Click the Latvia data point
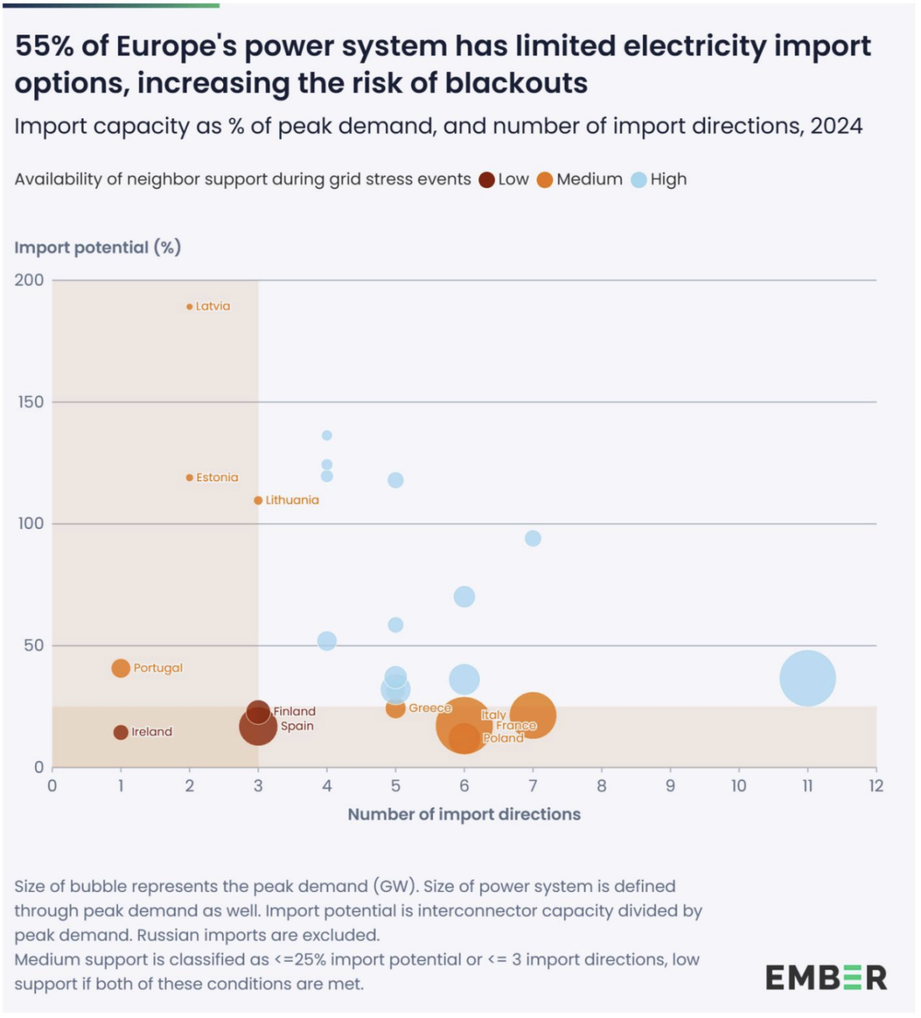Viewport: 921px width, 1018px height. [x=190, y=307]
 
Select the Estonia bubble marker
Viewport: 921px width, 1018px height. [x=190, y=478]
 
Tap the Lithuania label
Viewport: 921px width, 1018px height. [x=292, y=500]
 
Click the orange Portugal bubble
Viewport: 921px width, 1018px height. [x=120, y=668]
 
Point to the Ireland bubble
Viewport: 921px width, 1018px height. [x=120, y=732]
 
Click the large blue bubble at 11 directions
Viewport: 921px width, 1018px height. [x=807, y=678]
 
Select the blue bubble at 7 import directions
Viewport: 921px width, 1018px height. [x=533, y=538]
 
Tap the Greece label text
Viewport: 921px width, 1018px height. [x=430, y=708]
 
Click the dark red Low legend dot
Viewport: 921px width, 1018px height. [x=487, y=180]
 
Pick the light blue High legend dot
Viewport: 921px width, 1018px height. [x=639, y=180]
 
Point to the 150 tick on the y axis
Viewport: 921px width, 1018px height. [x=31, y=402]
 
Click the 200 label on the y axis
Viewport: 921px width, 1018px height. [x=29, y=280]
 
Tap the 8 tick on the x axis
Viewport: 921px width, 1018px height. [x=602, y=785]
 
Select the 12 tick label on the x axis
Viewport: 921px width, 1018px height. [x=876, y=785]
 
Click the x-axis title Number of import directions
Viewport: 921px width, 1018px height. [x=464, y=815]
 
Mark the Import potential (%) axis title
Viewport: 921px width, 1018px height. [x=97, y=247]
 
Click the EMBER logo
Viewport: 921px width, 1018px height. [x=826, y=978]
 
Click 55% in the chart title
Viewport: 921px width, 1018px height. [x=45, y=46]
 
